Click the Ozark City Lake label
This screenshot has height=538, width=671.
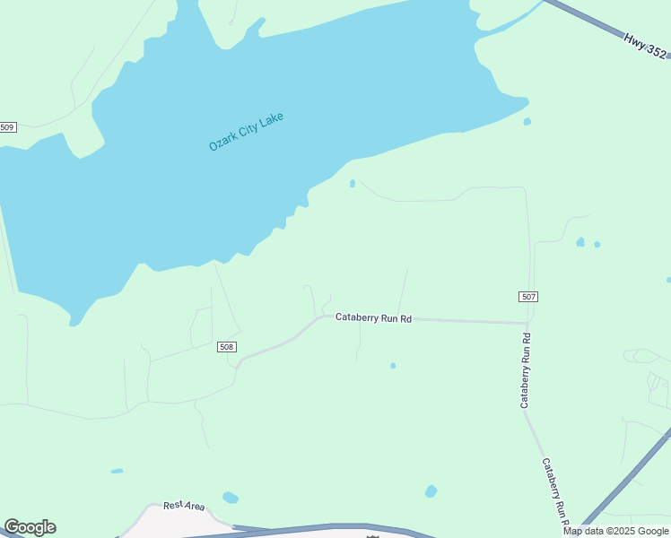coord(246,132)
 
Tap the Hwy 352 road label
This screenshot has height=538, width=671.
coord(645,46)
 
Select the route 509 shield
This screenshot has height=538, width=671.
coord(8,127)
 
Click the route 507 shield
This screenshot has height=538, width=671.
coord(528,297)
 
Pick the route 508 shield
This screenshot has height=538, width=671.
coord(227,347)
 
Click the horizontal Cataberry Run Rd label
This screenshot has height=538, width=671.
coord(373,317)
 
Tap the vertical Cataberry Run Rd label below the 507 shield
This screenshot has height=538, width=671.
coord(527,371)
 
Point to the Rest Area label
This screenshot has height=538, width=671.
coord(183,506)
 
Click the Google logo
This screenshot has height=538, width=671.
coord(30,527)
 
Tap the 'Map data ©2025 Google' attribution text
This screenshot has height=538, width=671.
coord(615,531)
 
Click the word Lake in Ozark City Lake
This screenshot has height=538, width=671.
coord(272,118)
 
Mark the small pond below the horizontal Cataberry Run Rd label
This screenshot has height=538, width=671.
coord(393,366)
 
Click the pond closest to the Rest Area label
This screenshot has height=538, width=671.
coord(231,498)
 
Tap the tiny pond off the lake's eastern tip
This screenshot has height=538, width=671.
coord(527,122)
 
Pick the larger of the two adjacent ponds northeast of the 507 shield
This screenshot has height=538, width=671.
coord(580,242)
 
